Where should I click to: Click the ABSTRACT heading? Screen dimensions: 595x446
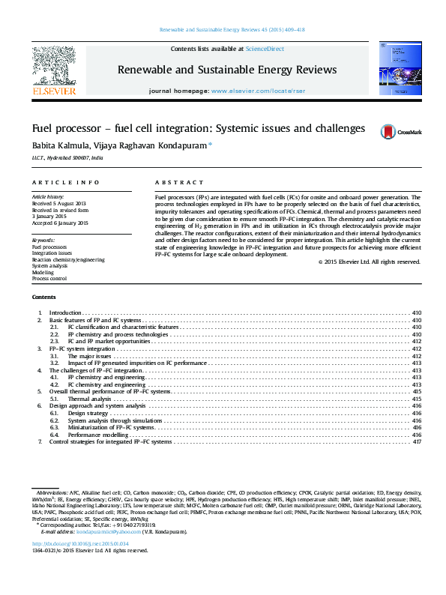coord(178,183)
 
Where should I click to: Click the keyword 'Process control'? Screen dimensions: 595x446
coord(49,278)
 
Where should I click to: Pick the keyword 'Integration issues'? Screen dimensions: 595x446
coord(52,253)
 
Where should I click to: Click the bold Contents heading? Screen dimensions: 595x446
coord(44,297)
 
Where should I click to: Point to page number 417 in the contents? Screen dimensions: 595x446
coord(418,442)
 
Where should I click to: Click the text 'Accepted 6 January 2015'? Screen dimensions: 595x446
coord(60,223)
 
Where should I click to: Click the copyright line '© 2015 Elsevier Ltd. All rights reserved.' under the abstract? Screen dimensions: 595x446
coord(369,262)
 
